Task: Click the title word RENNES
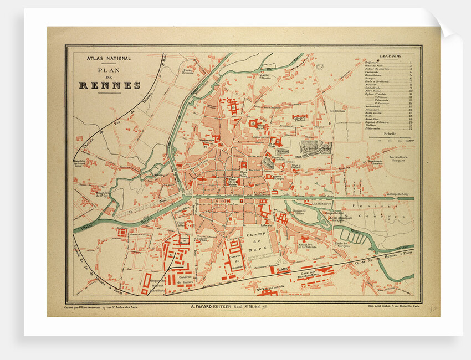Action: click(x=109, y=85)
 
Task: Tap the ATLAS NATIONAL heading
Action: click(x=109, y=58)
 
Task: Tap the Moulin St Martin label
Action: click(x=264, y=76)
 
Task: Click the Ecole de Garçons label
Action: click(x=344, y=243)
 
